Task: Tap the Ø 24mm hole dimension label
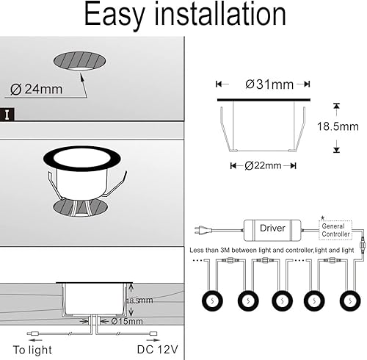[37, 90]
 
